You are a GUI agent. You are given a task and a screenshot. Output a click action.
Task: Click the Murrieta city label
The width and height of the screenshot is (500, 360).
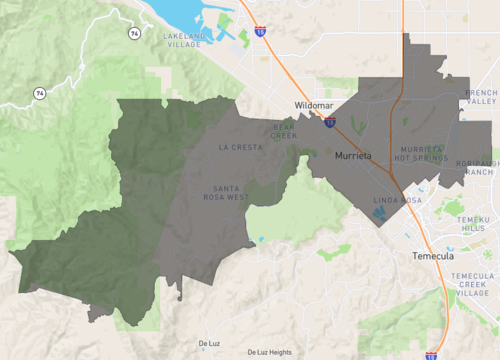[353, 157]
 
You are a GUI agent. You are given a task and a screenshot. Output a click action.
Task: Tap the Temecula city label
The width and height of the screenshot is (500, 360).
[433, 256]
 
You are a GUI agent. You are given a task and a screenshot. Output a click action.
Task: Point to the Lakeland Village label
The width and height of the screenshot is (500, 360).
[186, 39]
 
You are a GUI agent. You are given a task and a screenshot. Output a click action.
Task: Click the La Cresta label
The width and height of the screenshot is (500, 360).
[240, 147]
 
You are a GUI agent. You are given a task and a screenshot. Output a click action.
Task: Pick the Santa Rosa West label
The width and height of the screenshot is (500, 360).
[231, 192]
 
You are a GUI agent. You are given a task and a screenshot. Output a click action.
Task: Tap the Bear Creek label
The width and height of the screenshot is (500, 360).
[284, 130]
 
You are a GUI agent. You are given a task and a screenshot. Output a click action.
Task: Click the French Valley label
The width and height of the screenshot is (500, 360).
[481, 98]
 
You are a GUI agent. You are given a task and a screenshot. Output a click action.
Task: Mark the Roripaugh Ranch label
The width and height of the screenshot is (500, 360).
[476, 167]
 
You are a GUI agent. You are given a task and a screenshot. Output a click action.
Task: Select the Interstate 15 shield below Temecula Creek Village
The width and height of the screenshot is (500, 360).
[431, 354]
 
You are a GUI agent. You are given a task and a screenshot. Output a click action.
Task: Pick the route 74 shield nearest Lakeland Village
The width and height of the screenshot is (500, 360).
[134, 33]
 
